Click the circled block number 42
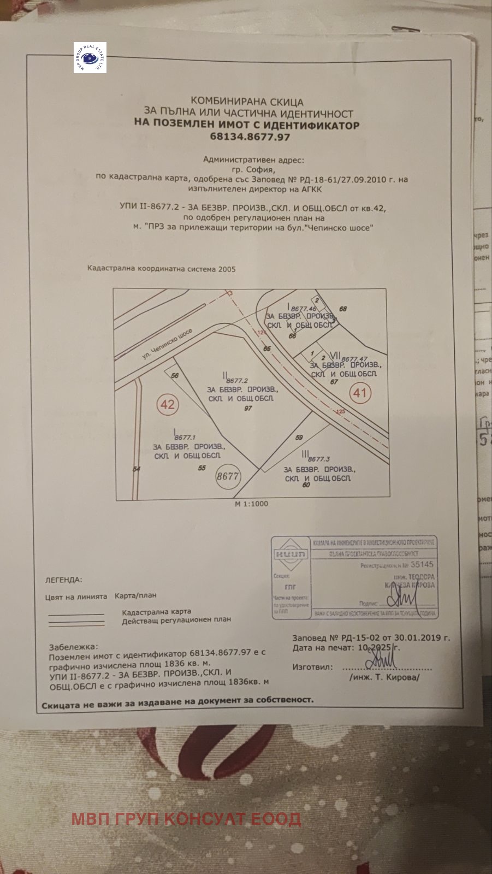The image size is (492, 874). [x=168, y=404]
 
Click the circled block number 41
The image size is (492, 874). [x=360, y=392]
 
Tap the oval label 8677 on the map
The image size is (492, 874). [x=228, y=476]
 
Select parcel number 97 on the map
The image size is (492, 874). [x=248, y=409]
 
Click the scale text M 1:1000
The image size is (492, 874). [x=251, y=504]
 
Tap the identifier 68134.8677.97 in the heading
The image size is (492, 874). [x=250, y=137]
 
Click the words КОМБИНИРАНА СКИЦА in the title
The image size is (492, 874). [x=247, y=102]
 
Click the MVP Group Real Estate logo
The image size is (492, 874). [x=90, y=58]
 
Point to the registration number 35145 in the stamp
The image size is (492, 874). [x=421, y=565]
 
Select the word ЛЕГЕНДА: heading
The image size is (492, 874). [x=63, y=580]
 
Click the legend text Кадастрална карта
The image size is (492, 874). [x=156, y=612]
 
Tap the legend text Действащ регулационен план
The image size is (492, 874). [x=176, y=620]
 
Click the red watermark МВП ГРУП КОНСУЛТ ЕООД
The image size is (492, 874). [x=186, y=819]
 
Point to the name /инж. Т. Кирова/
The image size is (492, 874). [x=384, y=677]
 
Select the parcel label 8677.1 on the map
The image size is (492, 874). [x=185, y=437]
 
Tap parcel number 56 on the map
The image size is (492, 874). [x=175, y=375]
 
